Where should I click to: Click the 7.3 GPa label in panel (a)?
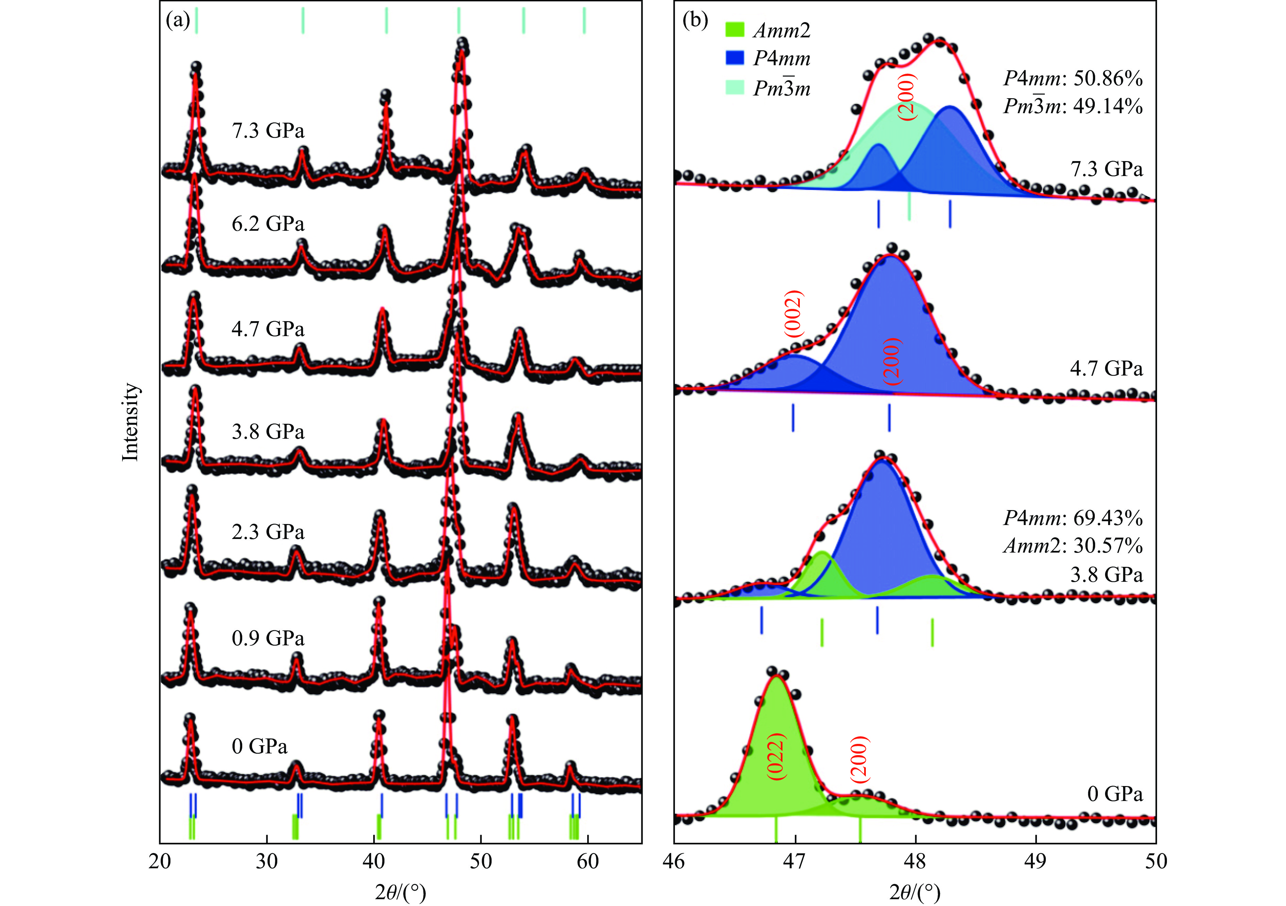coord(268,131)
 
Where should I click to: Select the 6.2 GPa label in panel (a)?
coord(268,224)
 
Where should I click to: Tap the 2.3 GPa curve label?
coord(268,532)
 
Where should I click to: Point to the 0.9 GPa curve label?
coord(268,639)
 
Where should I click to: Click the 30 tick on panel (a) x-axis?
coord(267,861)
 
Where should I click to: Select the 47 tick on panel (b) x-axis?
coord(795,861)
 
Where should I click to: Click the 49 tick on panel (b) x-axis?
coord(1036,861)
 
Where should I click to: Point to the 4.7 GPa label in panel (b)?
coord(1106,369)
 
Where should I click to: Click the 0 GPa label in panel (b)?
coord(1115,794)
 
